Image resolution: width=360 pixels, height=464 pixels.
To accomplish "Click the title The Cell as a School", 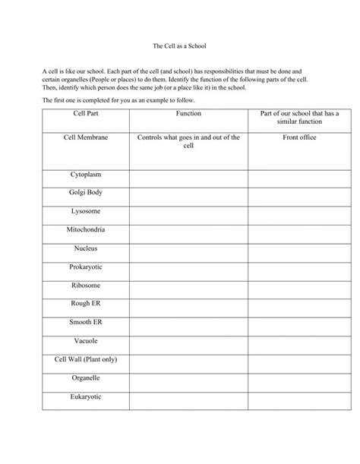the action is [x=180, y=46].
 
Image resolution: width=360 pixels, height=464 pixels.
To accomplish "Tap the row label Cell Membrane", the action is [x=86, y=137].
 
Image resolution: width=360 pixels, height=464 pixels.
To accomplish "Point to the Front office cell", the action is [x=299, y=137].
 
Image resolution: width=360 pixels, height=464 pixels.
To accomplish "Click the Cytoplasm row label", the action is [x=86, y=175].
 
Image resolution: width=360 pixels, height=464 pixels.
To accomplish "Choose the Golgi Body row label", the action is [x=86, y=193].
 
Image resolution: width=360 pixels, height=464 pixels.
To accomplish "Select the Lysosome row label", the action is [x=86, y=211].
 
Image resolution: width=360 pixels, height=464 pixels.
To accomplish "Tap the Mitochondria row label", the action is [x=86, y=229].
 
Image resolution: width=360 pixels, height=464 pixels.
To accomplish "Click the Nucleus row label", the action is [x=86, y=248].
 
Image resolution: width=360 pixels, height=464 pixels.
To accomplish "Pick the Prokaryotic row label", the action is [x=86, y=267].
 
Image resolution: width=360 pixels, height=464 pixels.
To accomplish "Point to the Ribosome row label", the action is [x=86, y=285].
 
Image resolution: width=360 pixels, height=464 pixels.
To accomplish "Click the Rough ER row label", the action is [x=86, y=303].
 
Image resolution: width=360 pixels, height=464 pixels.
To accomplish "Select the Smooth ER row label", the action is [x=86, y=322].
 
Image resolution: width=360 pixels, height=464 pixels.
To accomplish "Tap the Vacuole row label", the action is [x=86, y=340].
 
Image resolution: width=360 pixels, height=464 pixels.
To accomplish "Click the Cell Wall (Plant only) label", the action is [x=86, y=359].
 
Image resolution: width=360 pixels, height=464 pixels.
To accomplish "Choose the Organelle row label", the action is [x=86, y=377].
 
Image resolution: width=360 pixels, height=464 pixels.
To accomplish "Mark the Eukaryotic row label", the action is [x=86, y=396].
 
